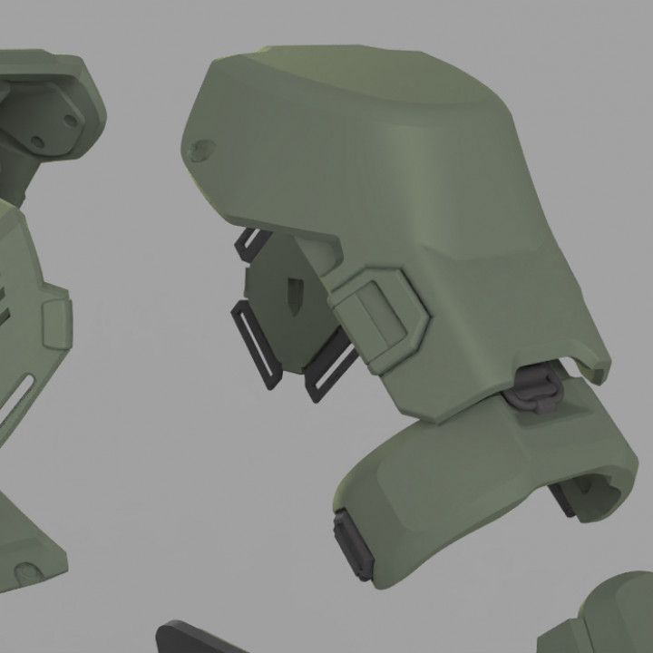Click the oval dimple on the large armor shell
click(200, 151)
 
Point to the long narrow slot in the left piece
click(20, 400)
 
